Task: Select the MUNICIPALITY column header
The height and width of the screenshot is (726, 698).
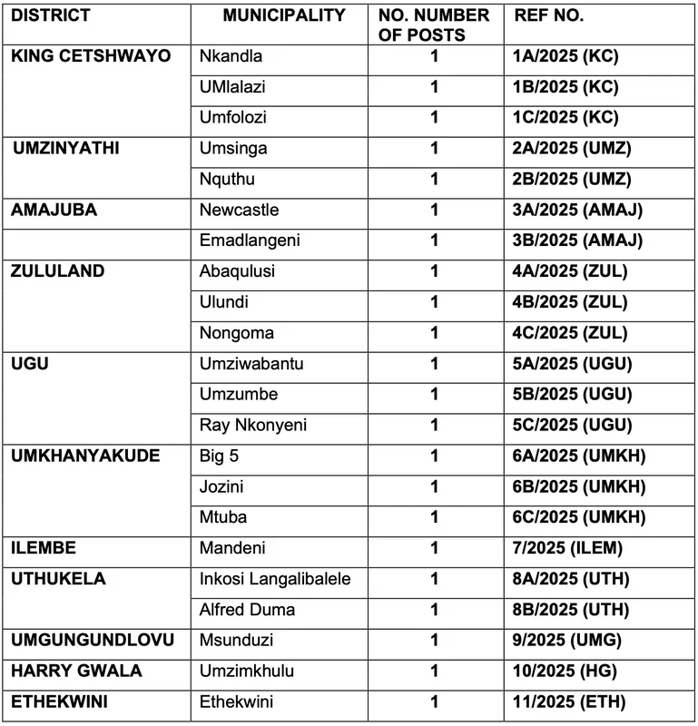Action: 284,15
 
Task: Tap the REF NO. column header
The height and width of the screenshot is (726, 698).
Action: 549,15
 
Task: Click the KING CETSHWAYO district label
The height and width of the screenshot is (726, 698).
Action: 91,56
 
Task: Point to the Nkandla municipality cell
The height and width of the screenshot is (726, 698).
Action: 231,56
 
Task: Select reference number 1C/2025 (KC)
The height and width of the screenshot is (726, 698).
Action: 565,118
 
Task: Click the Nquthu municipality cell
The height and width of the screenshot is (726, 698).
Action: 225,180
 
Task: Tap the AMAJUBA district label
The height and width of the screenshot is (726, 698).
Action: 54,211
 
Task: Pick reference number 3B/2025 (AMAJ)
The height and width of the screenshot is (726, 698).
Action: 578,241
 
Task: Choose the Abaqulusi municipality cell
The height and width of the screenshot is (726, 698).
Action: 237,272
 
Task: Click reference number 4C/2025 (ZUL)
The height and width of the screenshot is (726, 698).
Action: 570,334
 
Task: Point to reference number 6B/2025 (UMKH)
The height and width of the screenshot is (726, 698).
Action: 579,487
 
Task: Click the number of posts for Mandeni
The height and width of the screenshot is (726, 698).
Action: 435,549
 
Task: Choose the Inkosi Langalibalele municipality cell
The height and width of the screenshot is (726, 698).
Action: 273,580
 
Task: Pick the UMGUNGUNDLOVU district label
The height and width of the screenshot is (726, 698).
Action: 93,642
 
